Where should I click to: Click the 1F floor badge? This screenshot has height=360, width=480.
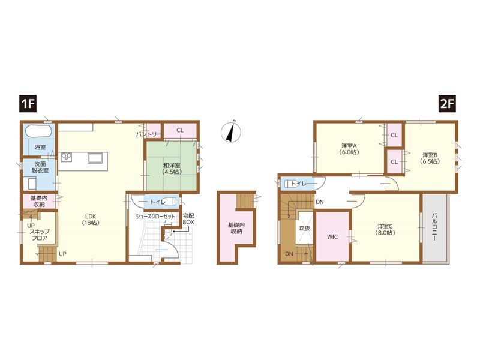click(x=28, y=104)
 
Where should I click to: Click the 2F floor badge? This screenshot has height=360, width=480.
click(x=447, y=104)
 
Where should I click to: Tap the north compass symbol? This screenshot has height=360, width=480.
click(x=231, y=131)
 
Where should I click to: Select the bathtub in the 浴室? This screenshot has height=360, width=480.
click(x=39, y=131)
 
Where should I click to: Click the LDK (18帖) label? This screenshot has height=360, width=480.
click(x=91, y=220)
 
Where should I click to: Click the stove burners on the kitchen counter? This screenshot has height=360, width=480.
click(x=66, y=157)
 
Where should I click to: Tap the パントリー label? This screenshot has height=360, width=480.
click(x=149, y=134)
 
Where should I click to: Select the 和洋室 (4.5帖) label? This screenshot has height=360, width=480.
click(x=172, y=169)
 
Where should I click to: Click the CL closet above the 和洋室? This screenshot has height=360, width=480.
click(x=180, y=130)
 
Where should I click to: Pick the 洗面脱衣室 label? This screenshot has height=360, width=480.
click(x=40, y=167)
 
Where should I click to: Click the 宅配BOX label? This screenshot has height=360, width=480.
click(x=188, y=219)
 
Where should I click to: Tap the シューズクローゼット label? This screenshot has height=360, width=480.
click(x=155, y=217)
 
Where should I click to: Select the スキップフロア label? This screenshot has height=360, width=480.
click(x=40, y=235)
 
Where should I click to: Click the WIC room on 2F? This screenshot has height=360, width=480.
click(x=332, y=236)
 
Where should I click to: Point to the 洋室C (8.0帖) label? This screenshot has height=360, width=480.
click(x=385, y=229)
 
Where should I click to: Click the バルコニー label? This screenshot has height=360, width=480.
click(x=434, y=227)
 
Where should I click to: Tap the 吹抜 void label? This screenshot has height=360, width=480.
click(x=304, y=229)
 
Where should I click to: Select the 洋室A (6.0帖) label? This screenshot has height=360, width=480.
click(x=349, y=148)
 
